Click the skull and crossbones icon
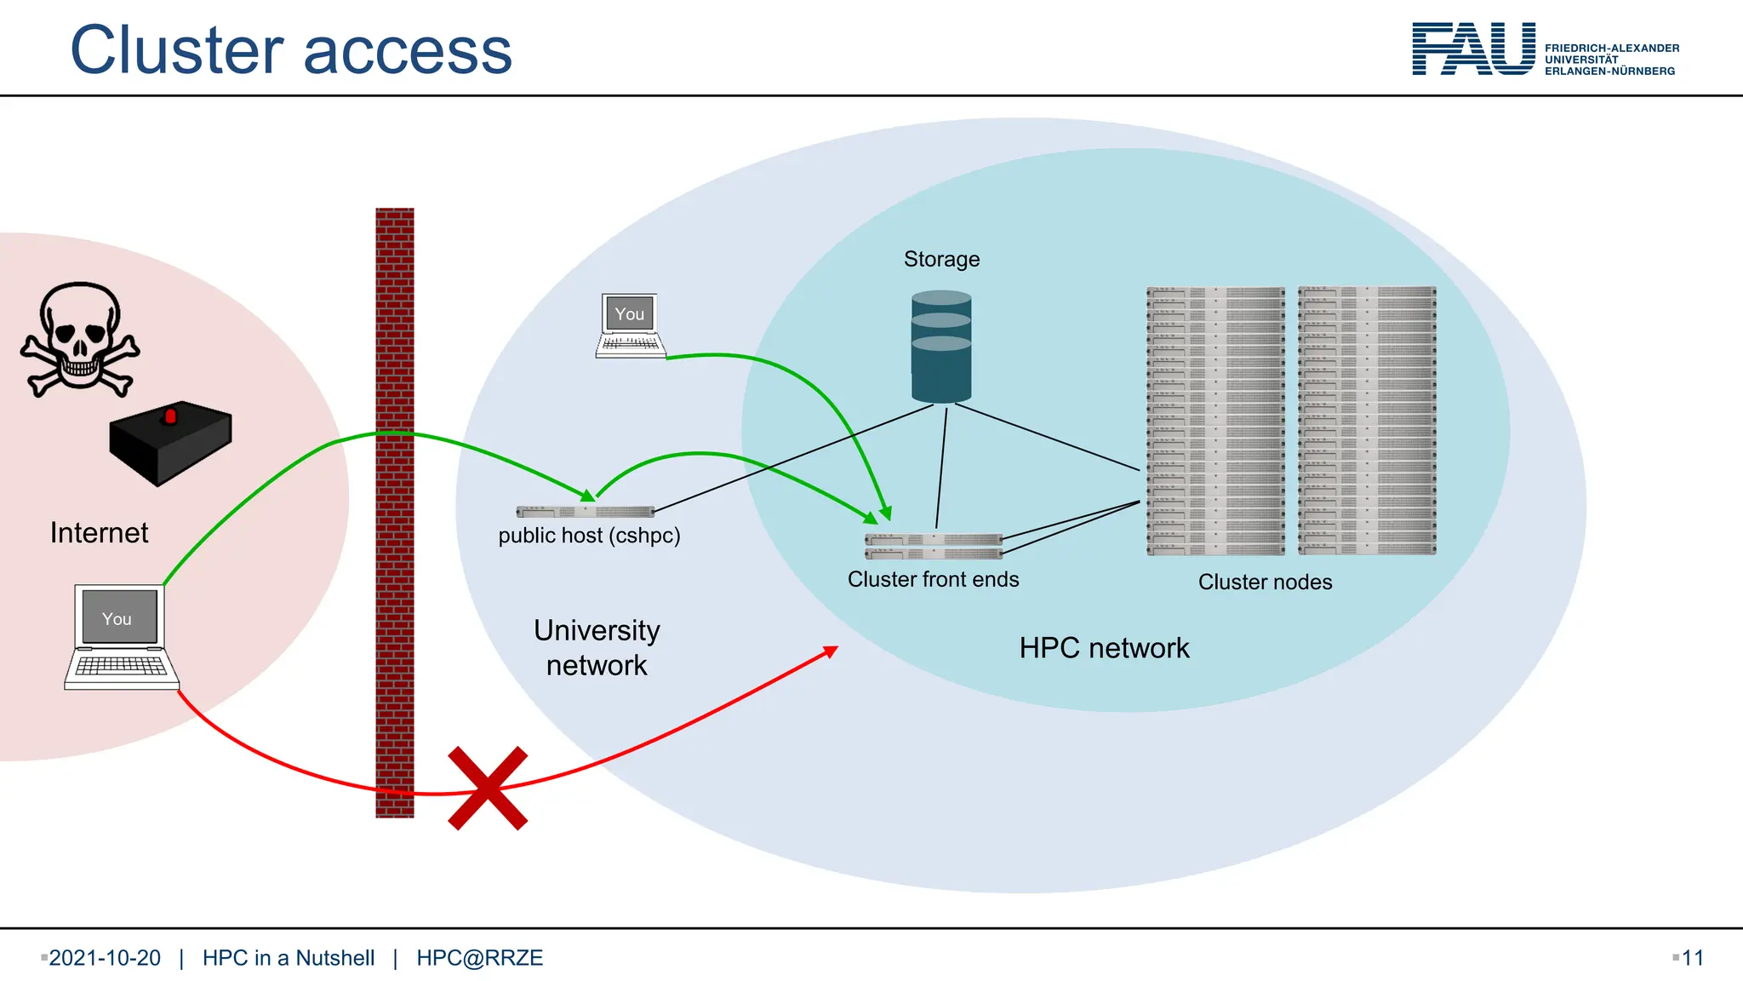coord(80,339)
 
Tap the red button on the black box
coord(170,416)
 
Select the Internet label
coord(99,533)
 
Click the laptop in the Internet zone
coord(121,636)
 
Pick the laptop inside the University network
coord(630,325)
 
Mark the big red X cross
coord(488,789)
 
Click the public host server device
coord(585,511)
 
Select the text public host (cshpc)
coord(589,536)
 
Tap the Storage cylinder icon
coord(941,347)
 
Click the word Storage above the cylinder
coord(941,259)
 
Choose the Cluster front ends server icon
coord(934,546)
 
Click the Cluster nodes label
coord(1265,582)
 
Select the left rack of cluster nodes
coord(1215,421)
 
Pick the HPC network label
coord(1104,648)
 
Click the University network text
coord(597,647)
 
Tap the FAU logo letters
coord(1473,49)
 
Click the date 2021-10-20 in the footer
coord(105,958)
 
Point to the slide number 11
coord(1692,958)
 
